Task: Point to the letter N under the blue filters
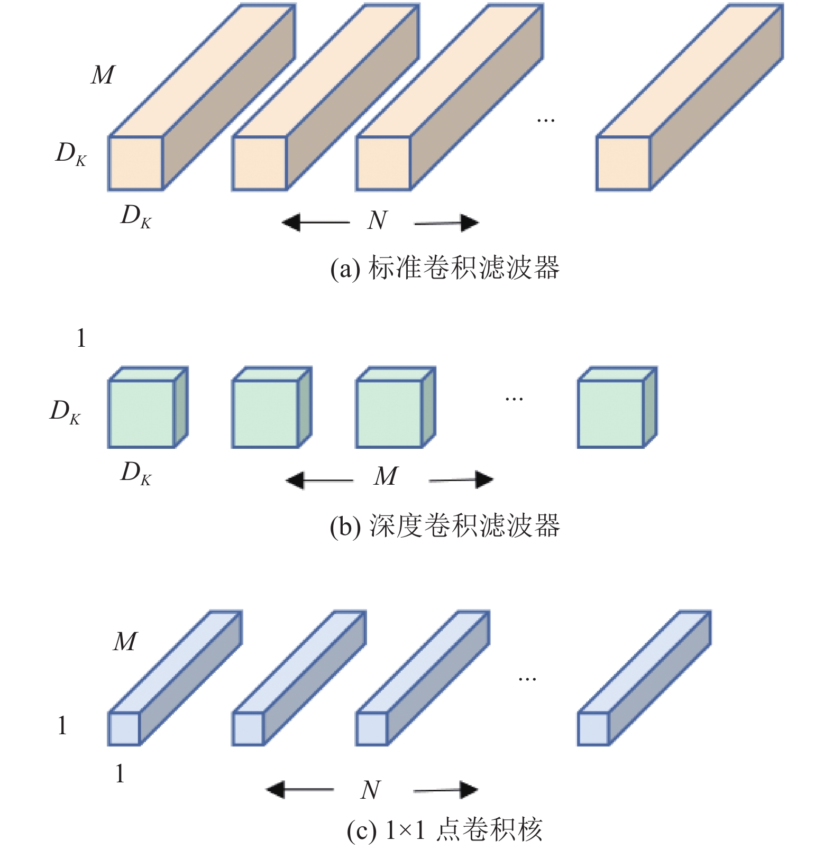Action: (371, 790)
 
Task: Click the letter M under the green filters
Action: (386, 476)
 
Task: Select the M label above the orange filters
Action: (103, 75)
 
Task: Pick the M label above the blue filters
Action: (125, 642)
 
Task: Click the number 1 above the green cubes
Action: (81, 338)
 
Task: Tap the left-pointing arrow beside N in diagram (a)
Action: (316, 223)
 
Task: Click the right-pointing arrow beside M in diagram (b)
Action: (461, 480)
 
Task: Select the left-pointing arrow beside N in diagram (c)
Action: (300, 790)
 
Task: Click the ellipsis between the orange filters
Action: (546, 121)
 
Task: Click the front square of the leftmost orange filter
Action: (135, 163)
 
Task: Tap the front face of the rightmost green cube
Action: (611, 414)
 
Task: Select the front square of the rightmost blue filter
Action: (593, 729)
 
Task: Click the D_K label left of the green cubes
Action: (65, 412)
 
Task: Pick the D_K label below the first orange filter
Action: (136, 217)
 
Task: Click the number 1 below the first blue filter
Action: (120, 774)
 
